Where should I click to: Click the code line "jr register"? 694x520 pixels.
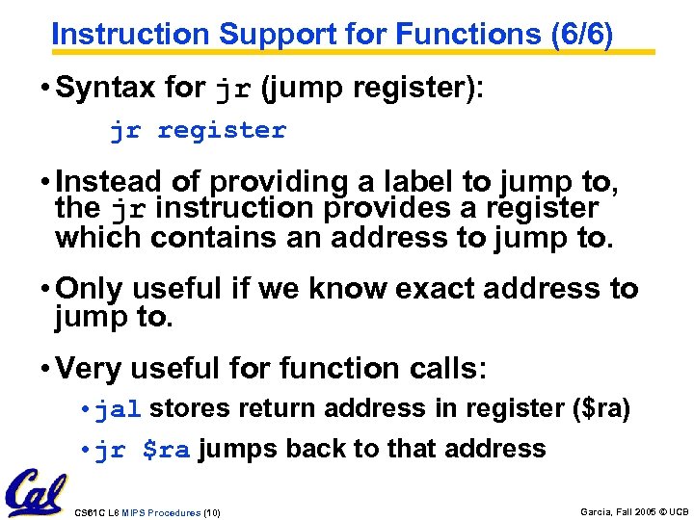click(198, 130)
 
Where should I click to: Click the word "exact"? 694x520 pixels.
click(434, 289)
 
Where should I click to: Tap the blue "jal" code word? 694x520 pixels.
click(119, 409)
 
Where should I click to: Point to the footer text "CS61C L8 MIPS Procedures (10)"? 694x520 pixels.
click(147, 512)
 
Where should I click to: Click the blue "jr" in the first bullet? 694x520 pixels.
click(234, 91)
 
